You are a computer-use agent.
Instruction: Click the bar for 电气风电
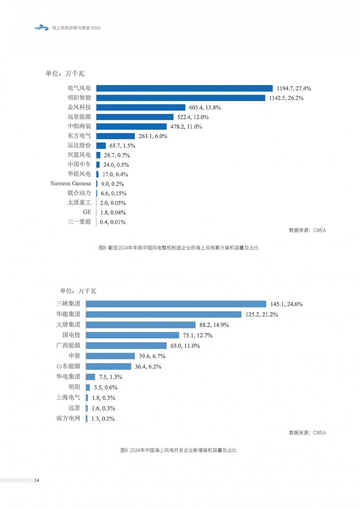tap(184, 88)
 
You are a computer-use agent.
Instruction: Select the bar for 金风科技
tap(141, 107)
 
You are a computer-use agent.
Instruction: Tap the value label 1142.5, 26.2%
tap(286, 98)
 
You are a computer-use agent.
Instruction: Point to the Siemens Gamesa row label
tap(71, 184)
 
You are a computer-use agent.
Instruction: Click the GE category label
tap(87, 212)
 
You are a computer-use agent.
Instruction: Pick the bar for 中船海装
tap(131, 126)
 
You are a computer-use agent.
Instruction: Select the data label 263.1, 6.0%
tap(153, 136)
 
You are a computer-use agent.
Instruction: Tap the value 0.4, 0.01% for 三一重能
tap(113, 222)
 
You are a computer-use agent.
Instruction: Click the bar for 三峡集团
tap(176, 304)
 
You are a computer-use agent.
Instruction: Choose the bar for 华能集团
tap(164, 315)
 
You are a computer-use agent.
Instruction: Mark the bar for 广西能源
tap(126, 346)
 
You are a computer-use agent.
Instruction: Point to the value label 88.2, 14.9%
tap(214, 325)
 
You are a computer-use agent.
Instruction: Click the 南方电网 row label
tap(68, 418)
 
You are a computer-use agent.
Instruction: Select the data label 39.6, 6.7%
tap(152, 356)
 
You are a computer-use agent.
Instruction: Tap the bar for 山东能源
tap(109, 366)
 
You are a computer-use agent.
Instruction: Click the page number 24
tap(37, 480)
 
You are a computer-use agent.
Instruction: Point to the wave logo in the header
tap(41, 27)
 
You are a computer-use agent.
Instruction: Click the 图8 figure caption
tap(179, 248)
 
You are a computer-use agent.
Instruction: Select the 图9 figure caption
tap(179, 450)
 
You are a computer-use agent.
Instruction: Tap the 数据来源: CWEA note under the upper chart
tap(307, 230)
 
